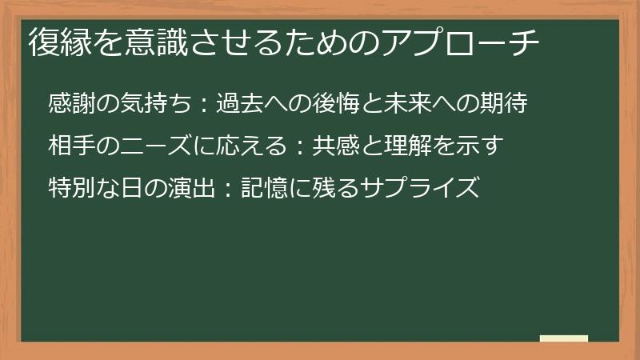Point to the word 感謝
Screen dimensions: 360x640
(70, 104)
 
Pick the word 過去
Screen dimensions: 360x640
(238, 104)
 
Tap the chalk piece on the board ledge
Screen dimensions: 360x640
(564, 338)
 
